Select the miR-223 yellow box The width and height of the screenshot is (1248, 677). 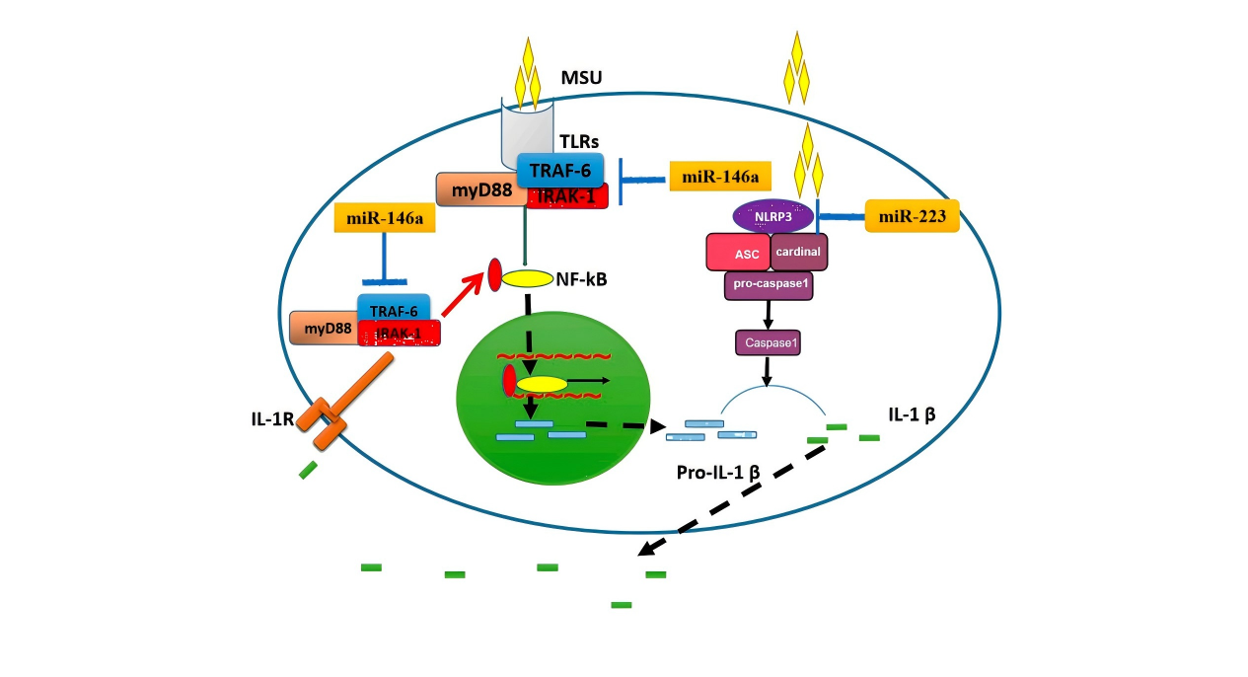click(x=912, y=215)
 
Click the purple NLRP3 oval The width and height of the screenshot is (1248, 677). click(x=773, y=215)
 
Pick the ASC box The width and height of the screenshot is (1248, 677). click(x=738, y=253)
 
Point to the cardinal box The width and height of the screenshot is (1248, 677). click(x=798, y=252)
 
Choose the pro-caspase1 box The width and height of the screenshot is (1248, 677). click(x=768, y=286)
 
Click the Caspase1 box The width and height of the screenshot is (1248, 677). click(x=768, y=342)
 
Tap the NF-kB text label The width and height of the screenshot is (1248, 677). click(x=588, y=279)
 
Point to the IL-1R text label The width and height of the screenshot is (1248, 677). click(x=271, y=418)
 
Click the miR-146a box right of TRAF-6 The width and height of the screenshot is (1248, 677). click(x=718, y=177)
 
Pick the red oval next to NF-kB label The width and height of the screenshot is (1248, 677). click(x=495, y=275)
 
